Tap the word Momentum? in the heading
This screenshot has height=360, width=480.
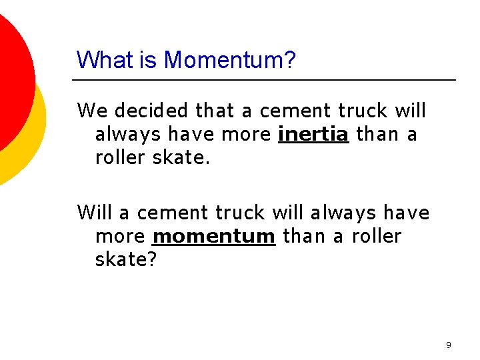[229, 60]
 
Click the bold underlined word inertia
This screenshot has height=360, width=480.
[313, 135]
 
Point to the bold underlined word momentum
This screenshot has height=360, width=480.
[213, 237]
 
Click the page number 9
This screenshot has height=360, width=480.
[448, 345]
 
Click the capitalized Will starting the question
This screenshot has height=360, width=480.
[94, 213]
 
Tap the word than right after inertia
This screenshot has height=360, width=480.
[376, 135]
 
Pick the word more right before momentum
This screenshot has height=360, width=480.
[120, 237]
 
